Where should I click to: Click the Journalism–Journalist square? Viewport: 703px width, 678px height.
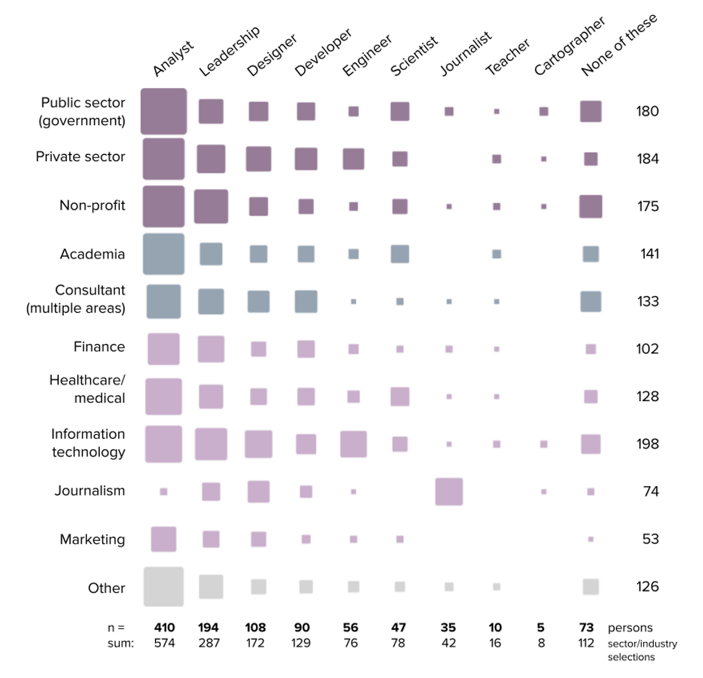(449, 491)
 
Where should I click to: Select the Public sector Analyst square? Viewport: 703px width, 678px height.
(164, 111)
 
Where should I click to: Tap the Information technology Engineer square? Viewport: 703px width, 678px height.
(353, 444)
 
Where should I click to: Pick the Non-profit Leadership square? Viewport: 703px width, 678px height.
(211, 207)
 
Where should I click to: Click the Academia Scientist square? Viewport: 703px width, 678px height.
(400, 254)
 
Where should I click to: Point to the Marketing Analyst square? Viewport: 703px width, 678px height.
(164, 539)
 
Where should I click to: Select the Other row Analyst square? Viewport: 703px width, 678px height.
(164, 587)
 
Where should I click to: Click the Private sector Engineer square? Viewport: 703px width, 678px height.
(353, 159)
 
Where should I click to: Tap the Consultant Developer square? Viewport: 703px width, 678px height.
(306, 302)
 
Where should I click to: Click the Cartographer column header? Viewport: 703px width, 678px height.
(569, 46)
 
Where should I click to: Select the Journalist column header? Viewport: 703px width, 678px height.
(466, 53)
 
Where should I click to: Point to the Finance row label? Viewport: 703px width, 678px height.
(99, 347)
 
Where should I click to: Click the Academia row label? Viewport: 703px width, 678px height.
(92, 254)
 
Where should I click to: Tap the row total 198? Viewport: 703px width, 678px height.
(648, 444)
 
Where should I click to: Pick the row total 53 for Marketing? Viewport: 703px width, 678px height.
(650, 539)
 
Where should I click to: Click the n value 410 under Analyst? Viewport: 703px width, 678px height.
(164, 627)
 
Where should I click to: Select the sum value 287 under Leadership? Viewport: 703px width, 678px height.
(209, 643)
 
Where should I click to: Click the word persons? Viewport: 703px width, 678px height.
(630, 627)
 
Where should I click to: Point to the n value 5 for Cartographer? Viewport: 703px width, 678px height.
(541, 627)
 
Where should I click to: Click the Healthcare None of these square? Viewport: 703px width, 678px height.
(590, 397)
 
